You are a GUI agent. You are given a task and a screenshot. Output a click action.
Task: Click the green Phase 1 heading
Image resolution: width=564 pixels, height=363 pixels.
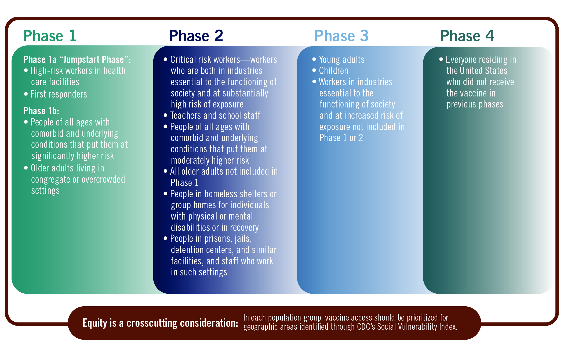click(x=50, y=36)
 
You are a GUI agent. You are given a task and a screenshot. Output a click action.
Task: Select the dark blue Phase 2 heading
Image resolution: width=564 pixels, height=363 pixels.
click(x=196, y=36)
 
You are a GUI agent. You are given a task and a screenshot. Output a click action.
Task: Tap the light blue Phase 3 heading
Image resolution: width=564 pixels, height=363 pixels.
click(x=341, y=36)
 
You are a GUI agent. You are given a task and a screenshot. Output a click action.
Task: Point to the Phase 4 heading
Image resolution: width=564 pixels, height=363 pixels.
click(x=467, y=36)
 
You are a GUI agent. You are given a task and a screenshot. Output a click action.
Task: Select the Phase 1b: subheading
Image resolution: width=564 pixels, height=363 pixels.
click(x=41, y=111)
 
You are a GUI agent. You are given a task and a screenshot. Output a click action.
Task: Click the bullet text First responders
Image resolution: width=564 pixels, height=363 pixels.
click(x=59, y=94)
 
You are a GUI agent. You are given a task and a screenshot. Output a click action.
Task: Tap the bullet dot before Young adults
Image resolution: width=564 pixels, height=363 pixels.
click(x=314, y=59)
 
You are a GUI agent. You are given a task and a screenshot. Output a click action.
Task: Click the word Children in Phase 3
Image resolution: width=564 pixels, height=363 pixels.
click(x=333, y=71)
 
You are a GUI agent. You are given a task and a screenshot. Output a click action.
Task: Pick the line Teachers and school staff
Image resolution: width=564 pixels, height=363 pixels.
click(x=215, y=116)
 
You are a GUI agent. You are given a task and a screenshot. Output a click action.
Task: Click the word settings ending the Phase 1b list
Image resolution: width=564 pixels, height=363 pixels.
click(x=45, y=191)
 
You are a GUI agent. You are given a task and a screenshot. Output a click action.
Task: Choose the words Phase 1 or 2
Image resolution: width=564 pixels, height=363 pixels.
click(x=341, y=138)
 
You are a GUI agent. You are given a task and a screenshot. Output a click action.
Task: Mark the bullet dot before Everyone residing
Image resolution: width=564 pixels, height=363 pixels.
click(x=441, y=59)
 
